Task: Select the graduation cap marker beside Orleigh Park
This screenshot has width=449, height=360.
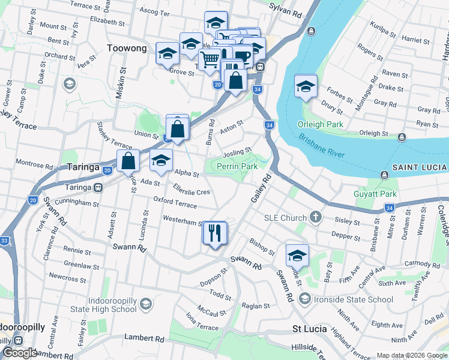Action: [x=306, y=87]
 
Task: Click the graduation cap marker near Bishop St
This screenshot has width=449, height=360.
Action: [x=297, y=256]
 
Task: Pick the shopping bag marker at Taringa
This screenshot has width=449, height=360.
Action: [x=128, y=161]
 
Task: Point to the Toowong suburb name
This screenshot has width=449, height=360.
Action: [x=127, y=48]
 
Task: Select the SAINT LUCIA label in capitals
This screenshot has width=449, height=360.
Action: [x=420, y=166]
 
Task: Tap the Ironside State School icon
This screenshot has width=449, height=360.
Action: [x=306, y=299]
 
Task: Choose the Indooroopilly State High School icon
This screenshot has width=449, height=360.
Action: [x=145, y=305]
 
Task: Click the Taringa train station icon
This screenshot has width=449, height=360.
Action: [x=96, y=187]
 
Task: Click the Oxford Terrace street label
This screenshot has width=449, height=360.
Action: [x=175, y=205]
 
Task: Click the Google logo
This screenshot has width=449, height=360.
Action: [x=20, y=353]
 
